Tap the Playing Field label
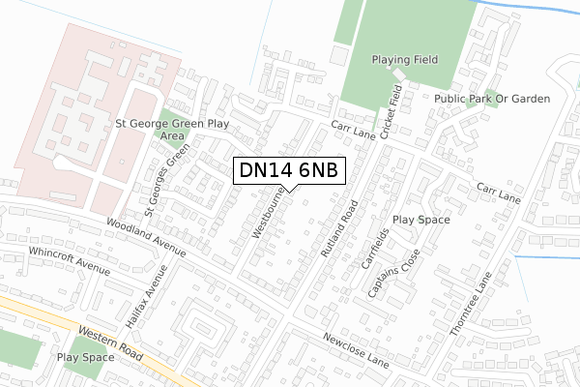click(x=404, y=60)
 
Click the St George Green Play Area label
click(x=171, y=130)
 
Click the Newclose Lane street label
click(x=355, y=349)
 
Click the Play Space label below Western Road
click(x=85, y=357)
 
